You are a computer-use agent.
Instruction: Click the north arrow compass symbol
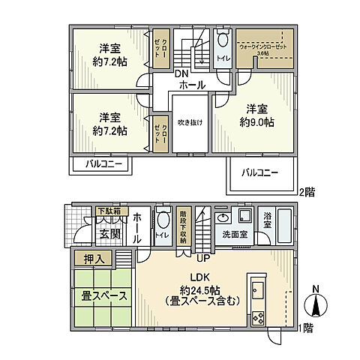pyautogui.click(x=318, y=304)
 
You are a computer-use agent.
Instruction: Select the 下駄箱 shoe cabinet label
pyautogui.click(x=111, y=211)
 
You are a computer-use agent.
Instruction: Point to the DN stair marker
pyautogui.click(x=182, y=74)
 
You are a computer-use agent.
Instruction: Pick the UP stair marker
pyautogui.click(x=201, y=259)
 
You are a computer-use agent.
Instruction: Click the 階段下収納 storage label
pyautogui.click(x=184, y=226)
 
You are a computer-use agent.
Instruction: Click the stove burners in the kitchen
pyautogui.click(x=257, y=316)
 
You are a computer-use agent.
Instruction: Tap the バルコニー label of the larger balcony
pyautogui.click(x=260, y=173)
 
